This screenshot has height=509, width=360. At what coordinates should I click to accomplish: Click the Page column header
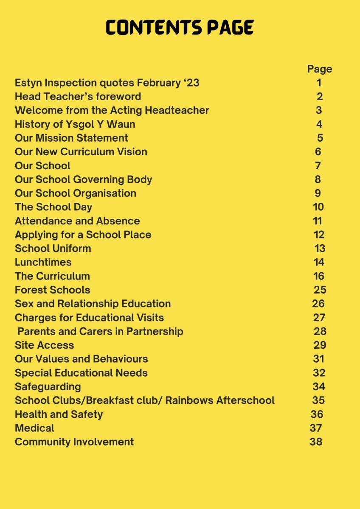click(x=319, y=69)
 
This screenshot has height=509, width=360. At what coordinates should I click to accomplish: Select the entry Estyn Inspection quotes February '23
click(x=107, y=82)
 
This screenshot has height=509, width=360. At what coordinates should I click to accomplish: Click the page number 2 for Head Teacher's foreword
click(x=319, y=96)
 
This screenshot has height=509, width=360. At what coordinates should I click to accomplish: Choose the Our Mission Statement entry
click(x=71, y=138)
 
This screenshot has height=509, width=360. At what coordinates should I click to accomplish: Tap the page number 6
click(x=318, y=151)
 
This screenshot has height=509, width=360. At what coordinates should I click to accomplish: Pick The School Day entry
click(x=53, y=207)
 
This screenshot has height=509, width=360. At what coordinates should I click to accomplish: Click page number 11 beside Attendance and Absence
click(x=318, y=221)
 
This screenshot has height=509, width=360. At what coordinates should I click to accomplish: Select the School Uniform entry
click(x=53, y=248)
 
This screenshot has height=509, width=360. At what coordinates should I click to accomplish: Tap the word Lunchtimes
click(x=43, y=262)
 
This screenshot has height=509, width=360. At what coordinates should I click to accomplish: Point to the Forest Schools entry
click(x=52, y=290)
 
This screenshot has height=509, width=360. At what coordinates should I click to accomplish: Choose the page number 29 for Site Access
click(x=319, y=345)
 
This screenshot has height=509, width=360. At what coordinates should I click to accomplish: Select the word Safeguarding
click(x=48, y=386)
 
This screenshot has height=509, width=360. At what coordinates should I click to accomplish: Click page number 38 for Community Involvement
click(x=316, y=442)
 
